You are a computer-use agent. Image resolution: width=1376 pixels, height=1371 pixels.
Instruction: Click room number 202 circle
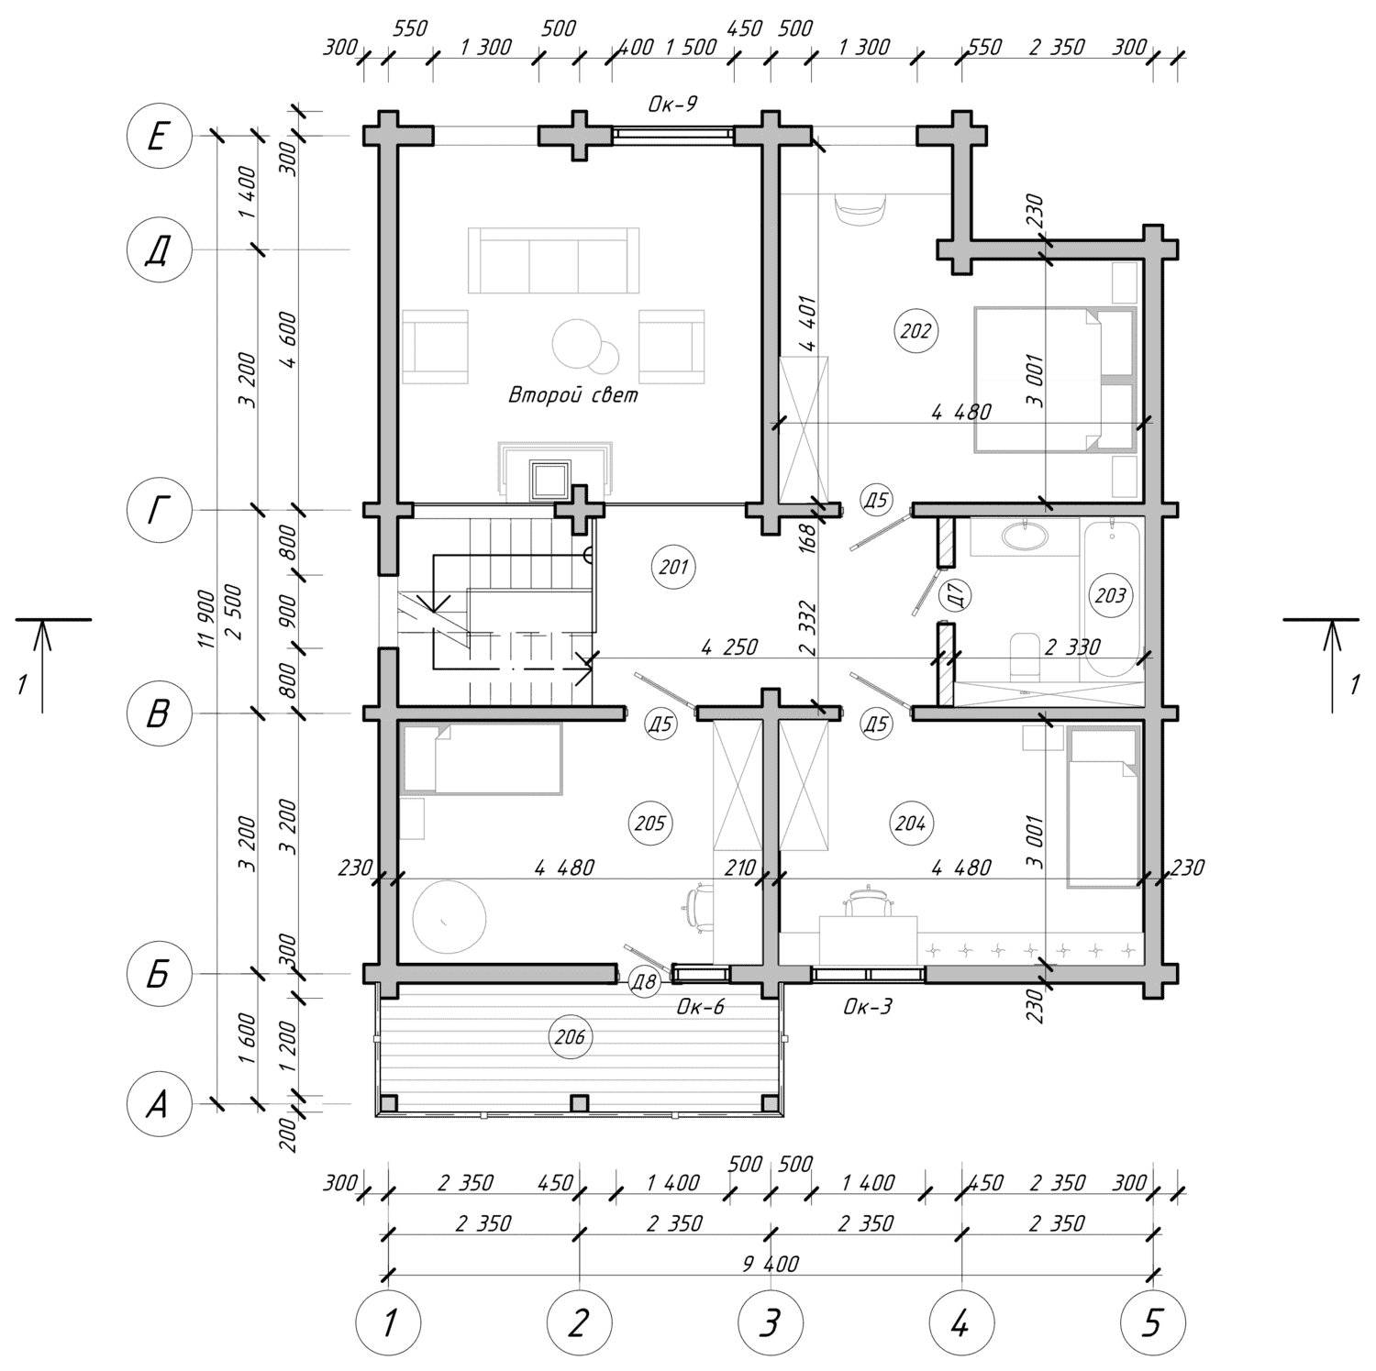pos(915,330)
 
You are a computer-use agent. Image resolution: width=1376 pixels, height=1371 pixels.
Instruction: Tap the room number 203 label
pos(1110,596)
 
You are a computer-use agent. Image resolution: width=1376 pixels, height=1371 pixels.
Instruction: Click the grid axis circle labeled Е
pos(158,138)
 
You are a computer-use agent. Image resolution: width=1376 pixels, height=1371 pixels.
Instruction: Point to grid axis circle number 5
pos(1153,1323)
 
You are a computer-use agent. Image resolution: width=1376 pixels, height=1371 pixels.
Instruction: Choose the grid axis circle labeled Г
pos(158,511)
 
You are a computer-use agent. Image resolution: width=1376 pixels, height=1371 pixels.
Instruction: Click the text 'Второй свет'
pos(573,395)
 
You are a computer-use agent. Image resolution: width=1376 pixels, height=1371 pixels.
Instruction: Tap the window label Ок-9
pos(672,105)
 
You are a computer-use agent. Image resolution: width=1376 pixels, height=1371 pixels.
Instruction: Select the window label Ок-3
pos(868,1008)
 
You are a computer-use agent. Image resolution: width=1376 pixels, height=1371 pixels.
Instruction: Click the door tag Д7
pos(956,596)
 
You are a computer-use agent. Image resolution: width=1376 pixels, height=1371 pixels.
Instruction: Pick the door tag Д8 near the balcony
pos(644,984)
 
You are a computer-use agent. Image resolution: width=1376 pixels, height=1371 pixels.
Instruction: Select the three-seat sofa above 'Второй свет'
pos(553,260)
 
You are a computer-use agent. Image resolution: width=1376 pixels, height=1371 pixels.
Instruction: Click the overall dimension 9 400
pos(771,1264)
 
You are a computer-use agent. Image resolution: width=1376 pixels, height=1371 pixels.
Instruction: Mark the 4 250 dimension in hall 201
pos(729,647)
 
